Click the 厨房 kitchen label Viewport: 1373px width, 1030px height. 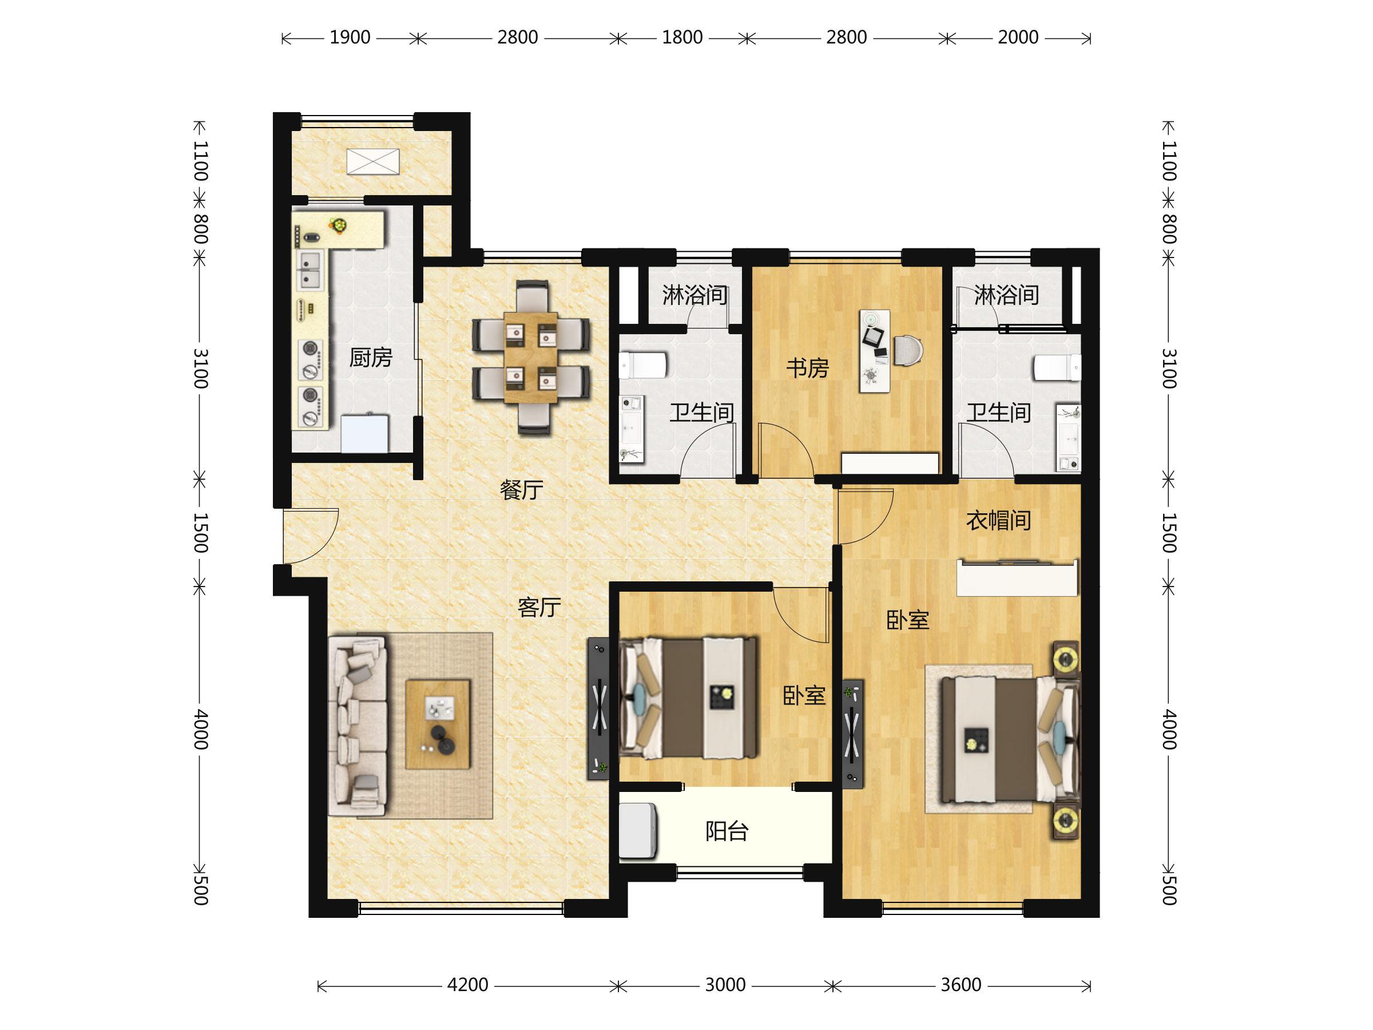[371, 358]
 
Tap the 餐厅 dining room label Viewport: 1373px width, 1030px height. [521, 490]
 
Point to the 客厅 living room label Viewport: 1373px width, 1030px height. [539, 607]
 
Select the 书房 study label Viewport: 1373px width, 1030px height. [808, 368]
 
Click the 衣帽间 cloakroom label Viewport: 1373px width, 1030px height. [999, 520]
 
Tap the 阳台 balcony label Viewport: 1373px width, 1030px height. [727, 831]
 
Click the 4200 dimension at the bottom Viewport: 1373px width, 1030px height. [467, 985]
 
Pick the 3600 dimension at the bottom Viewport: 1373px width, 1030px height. [961, 985]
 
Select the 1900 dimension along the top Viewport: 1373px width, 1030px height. [350, 38]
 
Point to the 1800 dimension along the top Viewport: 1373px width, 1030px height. [682, 38]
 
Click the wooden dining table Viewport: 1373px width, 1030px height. [531, 358]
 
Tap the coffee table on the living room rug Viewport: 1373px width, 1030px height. [438, 724]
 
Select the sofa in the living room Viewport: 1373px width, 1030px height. [358, 724]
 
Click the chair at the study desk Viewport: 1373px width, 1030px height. [908, 351]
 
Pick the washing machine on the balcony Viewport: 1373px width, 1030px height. [637, 831]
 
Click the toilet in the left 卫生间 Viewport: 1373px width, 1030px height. [643, 366]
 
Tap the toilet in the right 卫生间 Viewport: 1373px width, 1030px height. [1057, 367]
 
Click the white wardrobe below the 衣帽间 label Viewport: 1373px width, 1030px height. [1017, 578]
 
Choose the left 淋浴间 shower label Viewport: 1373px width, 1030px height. [695, 295]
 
